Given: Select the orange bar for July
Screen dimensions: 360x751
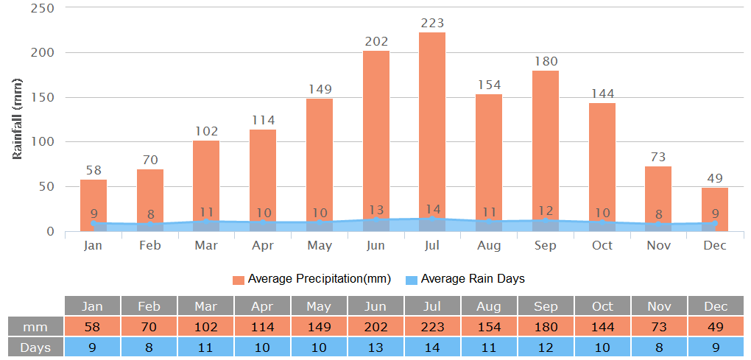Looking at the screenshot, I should click(432, 125).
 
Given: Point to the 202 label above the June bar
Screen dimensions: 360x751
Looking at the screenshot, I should click(376, 42).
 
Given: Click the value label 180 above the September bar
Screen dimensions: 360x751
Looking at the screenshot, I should click(546, 61).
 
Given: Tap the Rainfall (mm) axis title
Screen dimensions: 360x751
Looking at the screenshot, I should click(18, 118).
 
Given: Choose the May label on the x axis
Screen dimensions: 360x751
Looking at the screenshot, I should click(319, 245).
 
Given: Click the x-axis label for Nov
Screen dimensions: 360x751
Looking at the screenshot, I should click(658, 245).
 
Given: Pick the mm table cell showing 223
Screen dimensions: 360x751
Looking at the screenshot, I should click(432, 326).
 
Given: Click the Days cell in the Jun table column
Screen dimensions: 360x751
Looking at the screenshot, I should click(375, 347).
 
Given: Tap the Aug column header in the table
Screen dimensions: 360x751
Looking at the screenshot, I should click(489, 306).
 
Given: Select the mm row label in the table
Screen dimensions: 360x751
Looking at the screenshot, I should click(35, 326).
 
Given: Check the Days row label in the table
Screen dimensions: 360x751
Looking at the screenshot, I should click(35, 347).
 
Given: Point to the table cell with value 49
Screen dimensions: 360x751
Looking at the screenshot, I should click(716, 326).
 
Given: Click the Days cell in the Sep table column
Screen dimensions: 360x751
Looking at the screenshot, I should click(546, 347).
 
